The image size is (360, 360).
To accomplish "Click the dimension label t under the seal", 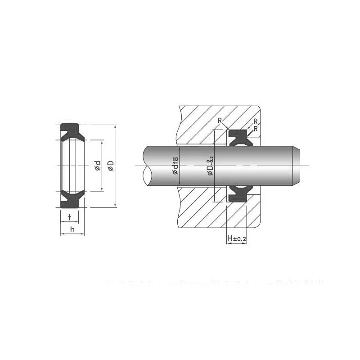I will (x=69, y=217).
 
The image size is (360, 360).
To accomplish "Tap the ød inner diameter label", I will (x=98, y=165).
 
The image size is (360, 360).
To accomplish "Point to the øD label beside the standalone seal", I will (x=110, y=165).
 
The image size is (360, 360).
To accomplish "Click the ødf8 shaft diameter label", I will (x=176, y=165).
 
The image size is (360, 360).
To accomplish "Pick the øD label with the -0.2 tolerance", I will (x=210, y=165).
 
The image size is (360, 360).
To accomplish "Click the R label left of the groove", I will (x=219, y=120).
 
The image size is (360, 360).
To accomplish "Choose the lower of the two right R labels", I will (x=255, y=128).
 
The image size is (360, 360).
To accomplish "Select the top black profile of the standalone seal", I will (x=70, y=130).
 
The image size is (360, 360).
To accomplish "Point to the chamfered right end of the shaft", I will (x=297, y=165).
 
